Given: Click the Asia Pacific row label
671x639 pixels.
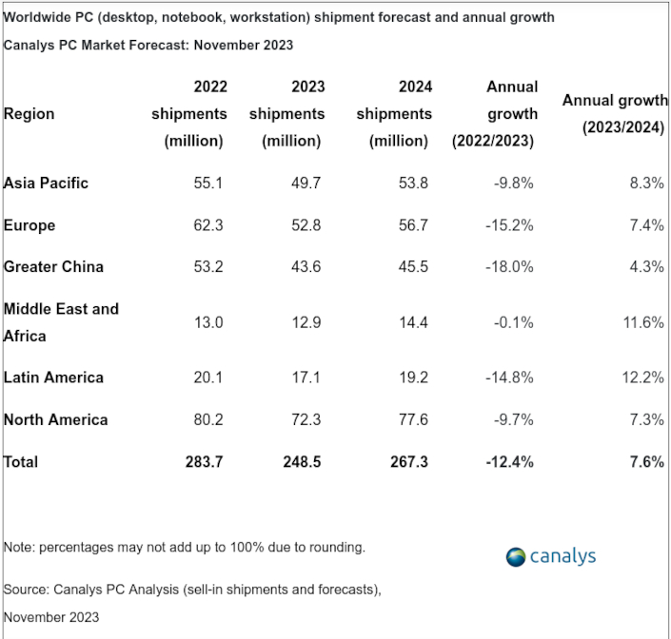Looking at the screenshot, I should [46, 183].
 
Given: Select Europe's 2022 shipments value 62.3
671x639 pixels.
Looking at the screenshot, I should [208, 225].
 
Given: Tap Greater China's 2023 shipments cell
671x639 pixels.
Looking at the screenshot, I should [306, 267].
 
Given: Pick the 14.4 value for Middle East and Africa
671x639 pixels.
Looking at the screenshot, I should [414, 322].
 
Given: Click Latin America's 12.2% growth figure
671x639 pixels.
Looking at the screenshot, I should [643, 378].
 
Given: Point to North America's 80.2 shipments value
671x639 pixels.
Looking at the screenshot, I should [208, 419].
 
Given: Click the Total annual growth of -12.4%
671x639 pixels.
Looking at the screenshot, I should [509, 461].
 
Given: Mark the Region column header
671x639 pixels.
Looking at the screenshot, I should [30, 114].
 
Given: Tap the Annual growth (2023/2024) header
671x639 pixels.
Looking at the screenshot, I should [613, 113].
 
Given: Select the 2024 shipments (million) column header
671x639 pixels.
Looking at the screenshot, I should [394, 113].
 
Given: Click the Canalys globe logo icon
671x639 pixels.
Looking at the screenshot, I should [516, 556].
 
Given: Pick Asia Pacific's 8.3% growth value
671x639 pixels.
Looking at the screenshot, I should [647, 183].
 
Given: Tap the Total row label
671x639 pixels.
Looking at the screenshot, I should [21, 461].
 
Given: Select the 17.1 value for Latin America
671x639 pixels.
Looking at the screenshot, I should [306, 378].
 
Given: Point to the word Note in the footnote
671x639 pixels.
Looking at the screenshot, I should [18, 548].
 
